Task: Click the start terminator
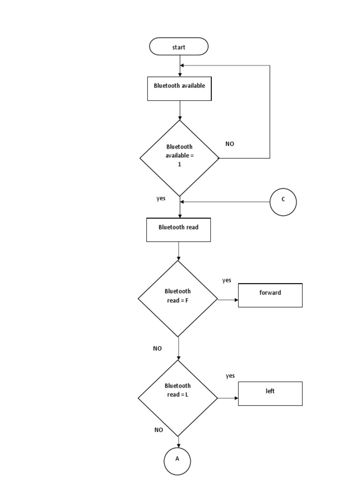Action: (x=179, y=47)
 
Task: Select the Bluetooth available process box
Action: (x=180, y=89)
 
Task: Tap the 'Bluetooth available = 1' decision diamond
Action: (x=180, y=158)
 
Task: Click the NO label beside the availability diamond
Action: (x=230, y=144)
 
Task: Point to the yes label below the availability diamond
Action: (x=161, y=198)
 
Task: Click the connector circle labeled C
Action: (x=283, y=202)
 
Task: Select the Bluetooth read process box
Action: (x=179, y=230)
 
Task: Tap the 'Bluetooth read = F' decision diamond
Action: (x=178, y=299)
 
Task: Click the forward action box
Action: (x=270, y=295)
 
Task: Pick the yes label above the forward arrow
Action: (x=226, y=280)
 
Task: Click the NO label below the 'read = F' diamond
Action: (x=157, y=348)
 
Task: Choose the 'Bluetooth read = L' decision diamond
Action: (x=178, y=398)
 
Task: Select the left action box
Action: (x=270, y=393)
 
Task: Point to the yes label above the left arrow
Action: (x=230, y=376)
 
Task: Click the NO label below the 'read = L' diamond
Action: (x=158, y=429)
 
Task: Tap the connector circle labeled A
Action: (x=177, y=461)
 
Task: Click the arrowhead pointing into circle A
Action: (x=178, y=445)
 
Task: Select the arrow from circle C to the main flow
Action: (x=225, y=202)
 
